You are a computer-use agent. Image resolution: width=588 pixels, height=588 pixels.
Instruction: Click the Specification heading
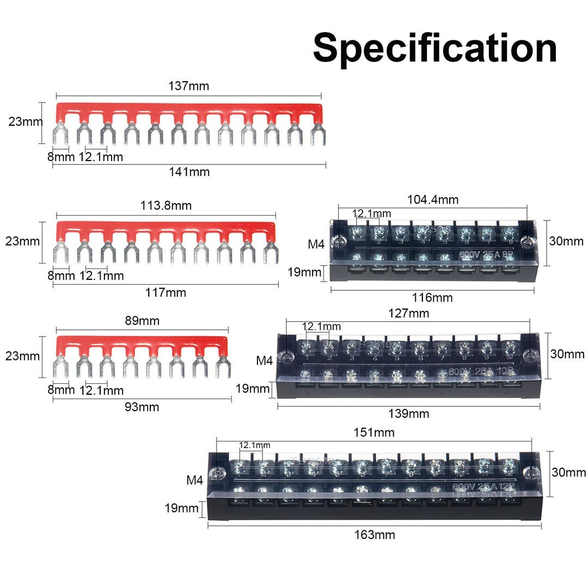pyautogui.click(x=434, y=48)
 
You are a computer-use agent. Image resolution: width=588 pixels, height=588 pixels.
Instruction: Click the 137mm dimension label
pyautogui.click(x=189, y=86)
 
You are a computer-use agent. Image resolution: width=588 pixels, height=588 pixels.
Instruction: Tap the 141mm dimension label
pyautogui.click(x=189, y=172)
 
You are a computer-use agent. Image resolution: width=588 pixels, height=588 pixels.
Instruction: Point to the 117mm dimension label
pyautogui.click(x=166, y=293)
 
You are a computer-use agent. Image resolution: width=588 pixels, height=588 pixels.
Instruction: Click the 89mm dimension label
pyautogui.click(x=142, y=321)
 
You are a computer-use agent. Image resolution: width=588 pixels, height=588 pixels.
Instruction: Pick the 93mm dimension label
pyautogui.click(x=142, y=407)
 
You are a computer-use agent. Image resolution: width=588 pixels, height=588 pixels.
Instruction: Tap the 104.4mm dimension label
pyautogui.click(x=433, y=200)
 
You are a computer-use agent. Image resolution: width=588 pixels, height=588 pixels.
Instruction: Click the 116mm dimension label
pyautogui.click(x=433, y=298)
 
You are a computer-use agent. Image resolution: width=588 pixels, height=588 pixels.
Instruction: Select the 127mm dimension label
pyautogui.click(x=408, y=314)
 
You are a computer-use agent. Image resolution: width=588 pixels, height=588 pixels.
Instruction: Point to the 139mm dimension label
pyautogui.click(x=408, y=414)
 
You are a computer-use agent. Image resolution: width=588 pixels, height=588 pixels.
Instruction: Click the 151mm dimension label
pyautogui.click(x=374, y=432)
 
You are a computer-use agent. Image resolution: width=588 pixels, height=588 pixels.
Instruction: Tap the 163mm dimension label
pyautogui.click(x=375, y=535)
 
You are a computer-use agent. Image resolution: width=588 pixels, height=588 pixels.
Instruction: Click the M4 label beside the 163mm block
pyautogui.click(x=195, y=481)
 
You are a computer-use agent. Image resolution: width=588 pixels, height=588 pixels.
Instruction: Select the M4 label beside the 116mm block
pyautogui.click(x=316, y=244)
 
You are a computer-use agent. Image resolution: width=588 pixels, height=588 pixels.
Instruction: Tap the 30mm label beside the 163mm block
pyautogui.click(x=568, y=473)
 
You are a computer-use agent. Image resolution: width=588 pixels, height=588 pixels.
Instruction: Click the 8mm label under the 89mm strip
pyautogui.click(x=60, y=390)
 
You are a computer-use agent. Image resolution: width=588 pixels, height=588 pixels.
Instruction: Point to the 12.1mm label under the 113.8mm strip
pyautogui.click(x=101, y=276)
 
